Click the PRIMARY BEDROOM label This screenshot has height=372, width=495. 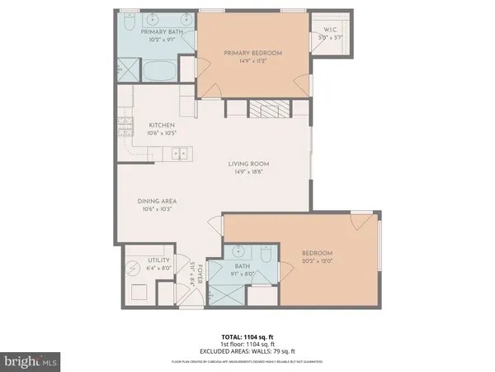pos(253,53)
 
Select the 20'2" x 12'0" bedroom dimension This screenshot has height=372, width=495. pos(316,261)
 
